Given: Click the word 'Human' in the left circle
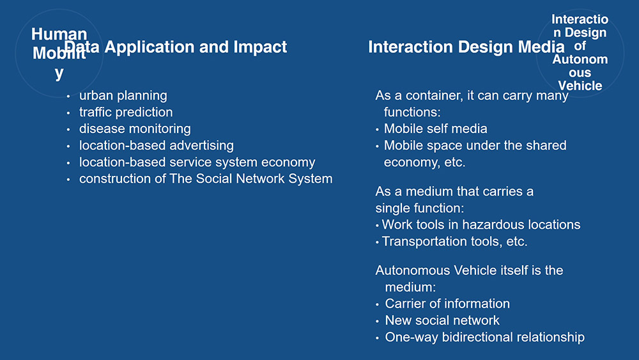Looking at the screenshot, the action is coord(59,34).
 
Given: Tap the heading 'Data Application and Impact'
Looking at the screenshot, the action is coord(176,47).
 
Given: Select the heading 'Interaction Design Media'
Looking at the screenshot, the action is coord(466,47).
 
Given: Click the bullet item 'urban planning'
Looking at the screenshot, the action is coord(123,96).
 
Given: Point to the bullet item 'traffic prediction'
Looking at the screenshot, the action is coord(126,112).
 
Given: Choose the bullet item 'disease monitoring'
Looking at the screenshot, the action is coord(135,129).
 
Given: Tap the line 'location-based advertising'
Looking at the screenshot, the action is coord(157,146).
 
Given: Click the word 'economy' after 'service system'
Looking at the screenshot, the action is coord(288,162).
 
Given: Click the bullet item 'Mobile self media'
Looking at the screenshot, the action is coord(436,129).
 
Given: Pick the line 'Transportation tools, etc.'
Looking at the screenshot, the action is coord(455,241).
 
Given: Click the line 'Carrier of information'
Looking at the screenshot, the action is coord(447,304).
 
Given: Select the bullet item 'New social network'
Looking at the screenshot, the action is coord(442,320).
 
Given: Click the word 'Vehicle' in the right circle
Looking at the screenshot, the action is coord(580,86).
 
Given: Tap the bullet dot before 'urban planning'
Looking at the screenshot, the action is coord(68,97).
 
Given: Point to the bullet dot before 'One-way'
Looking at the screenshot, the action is coord(377,338).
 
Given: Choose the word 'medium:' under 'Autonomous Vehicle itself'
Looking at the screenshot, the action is coord(410,287).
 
